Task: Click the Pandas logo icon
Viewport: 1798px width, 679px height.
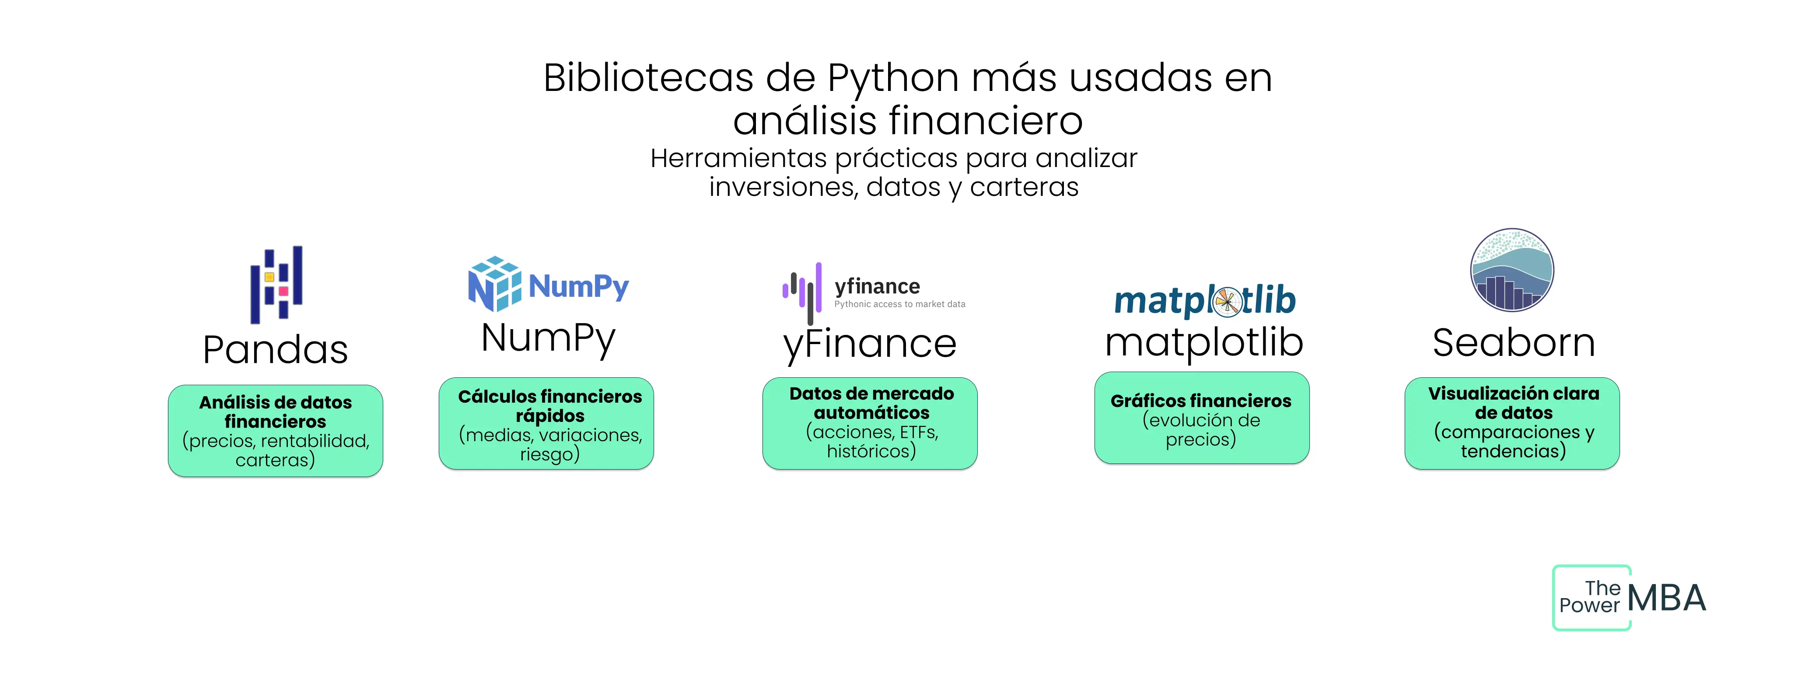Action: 276,284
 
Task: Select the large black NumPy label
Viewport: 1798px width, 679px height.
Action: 549,338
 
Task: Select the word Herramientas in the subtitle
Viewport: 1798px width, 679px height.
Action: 738,158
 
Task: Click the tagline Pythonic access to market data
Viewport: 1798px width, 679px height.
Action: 900,304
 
